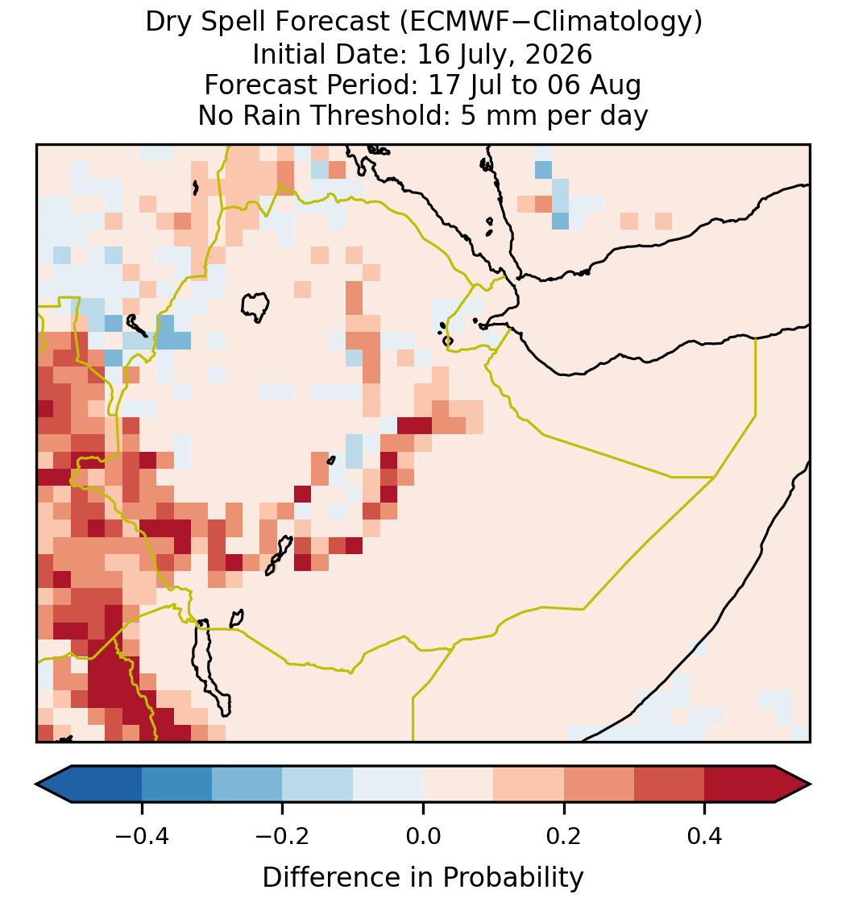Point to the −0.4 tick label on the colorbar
point(142,836)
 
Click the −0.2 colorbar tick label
point(283,836)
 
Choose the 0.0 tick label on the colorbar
point(423,836)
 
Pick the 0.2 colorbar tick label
point(564,836)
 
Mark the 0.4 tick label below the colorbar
point(705,836)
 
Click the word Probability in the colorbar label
point(512,878)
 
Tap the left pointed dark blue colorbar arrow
point(54,784)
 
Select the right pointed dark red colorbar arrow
point(793,784)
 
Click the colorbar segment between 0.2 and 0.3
point(599,784)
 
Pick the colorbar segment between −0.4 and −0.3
point(177,784)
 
